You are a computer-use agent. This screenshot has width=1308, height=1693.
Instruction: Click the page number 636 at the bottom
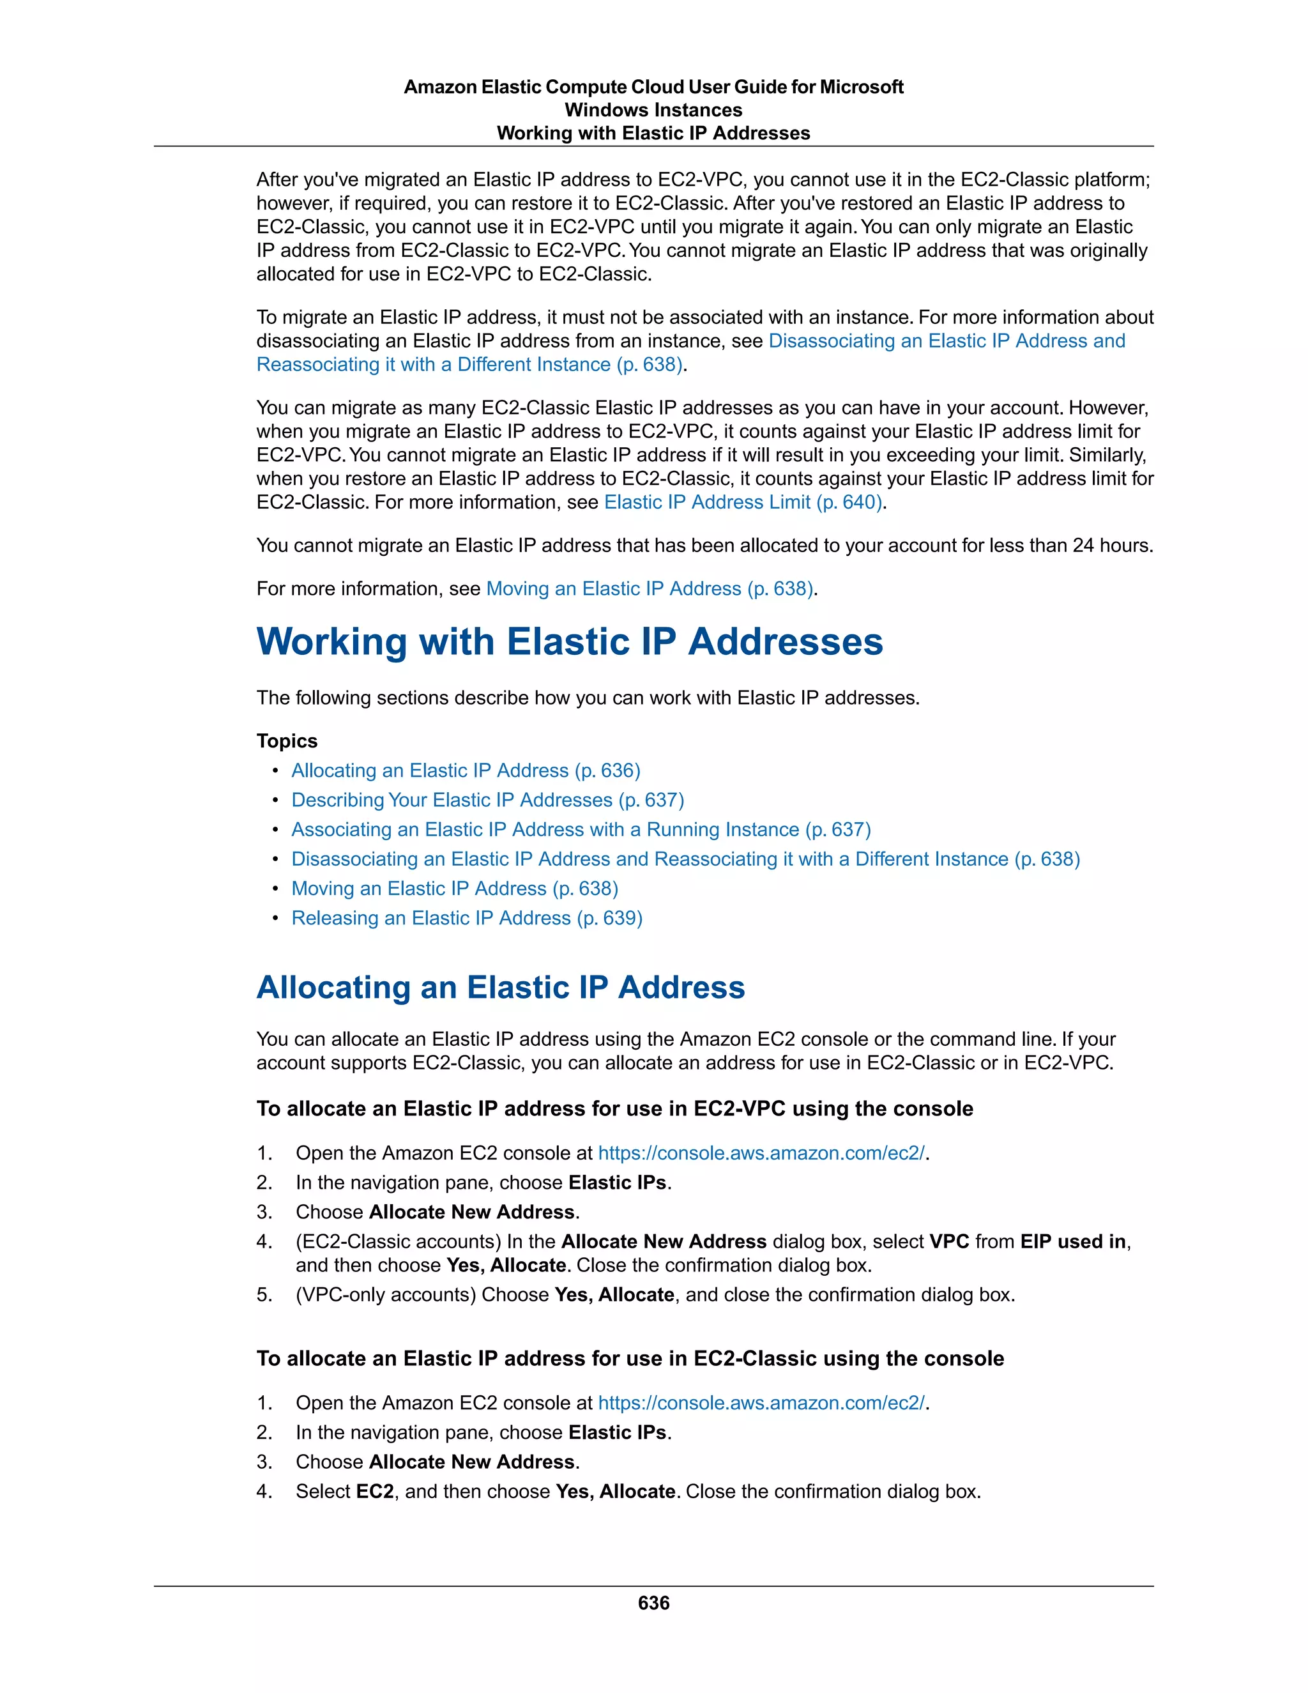(x=653, y=1602)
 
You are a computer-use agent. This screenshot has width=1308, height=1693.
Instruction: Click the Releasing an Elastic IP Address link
(x=466, y=918)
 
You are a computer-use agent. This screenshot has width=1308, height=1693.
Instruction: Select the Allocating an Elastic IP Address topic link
(x=466, y=770)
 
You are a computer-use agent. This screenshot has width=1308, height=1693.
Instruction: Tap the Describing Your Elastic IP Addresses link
(x=487, y=800)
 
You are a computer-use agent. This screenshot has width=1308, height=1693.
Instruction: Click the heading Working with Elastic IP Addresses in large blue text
(x=570, y=642)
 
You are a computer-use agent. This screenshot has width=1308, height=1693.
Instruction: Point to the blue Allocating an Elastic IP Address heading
(x=501, y=988)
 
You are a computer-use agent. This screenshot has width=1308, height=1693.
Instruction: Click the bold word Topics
(x=287, y=741)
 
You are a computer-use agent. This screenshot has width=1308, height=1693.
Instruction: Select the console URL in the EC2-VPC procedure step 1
(x=761, y=1153)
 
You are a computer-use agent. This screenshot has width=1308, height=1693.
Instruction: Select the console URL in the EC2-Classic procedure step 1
(x=761, y=1402)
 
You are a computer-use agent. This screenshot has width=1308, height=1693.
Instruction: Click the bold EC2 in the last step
(x=375, y=1492)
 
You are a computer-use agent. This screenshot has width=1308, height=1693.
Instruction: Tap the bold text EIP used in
(x=1073, y=1241)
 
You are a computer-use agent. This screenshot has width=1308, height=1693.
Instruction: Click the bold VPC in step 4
(x=949, y=1241)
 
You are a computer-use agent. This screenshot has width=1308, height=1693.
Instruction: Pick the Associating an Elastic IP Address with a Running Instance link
(x=581, y=829)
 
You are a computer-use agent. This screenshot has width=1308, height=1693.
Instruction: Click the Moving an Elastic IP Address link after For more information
(x=650, y=589)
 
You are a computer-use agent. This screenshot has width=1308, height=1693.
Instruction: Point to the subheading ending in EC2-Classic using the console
(x=630, y=1358)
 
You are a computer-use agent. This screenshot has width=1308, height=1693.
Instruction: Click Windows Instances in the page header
(x=653, y=110)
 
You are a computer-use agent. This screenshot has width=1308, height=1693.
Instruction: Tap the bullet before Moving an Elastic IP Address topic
(x=275, y=889)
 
